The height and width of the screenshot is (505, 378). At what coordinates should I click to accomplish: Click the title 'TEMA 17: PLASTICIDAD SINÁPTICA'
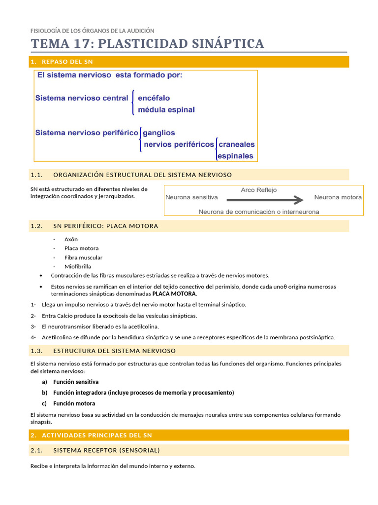click(x=147, y=43)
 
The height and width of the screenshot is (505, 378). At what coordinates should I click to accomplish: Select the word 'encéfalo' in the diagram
click(x=154, y=98)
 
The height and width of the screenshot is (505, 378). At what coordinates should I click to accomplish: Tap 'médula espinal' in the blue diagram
click(x=166, y=109)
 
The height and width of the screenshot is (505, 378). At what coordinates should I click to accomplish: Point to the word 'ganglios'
click(x=158, y=133)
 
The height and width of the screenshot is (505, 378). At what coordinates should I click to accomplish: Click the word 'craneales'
click(x=236, y=144)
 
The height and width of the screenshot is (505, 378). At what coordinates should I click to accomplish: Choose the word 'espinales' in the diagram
click(x=235, y=156)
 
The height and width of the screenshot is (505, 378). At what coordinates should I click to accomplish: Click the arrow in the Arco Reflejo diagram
click(x=265, y=200)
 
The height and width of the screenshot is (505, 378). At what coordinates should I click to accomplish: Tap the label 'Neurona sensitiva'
click(x=191, y=197)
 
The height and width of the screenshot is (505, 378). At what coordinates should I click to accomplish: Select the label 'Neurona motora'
click(x=338, y=197)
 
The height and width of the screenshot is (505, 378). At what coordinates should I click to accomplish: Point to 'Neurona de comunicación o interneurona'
click(x=258, y=212)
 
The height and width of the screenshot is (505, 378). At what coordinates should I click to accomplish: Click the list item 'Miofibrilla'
click(x=77, y=266)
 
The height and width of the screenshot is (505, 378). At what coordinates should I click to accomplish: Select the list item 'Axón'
click(x=71, y=239)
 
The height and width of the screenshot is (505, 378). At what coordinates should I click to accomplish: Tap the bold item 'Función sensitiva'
click(x=76, y=382)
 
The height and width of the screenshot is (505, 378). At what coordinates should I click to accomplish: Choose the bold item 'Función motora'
click(x=74, y=403)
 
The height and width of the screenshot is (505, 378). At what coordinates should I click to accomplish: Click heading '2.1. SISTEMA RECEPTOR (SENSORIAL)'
click(x=106, y=450)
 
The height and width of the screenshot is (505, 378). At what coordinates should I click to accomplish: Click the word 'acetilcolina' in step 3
click(x=142, y=326)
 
